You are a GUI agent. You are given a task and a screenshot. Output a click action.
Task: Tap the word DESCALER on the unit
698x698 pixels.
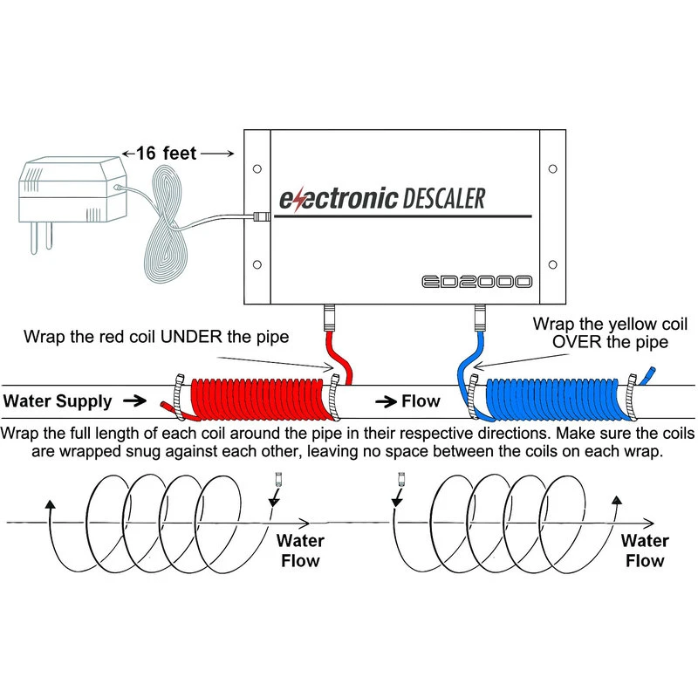(x=444, y=198)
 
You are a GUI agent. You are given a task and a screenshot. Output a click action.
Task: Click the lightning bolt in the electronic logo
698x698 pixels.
(x=299, y=200)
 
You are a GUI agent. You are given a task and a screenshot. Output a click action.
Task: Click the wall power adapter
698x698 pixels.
(x=68, y=189)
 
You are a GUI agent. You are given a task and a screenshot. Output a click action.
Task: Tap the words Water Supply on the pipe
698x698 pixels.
(x=58, y=401)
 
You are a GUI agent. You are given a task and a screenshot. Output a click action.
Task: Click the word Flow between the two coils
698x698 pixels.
(x=421, y=402)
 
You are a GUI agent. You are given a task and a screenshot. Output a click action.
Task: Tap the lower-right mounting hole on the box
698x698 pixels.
(x=552, y=264)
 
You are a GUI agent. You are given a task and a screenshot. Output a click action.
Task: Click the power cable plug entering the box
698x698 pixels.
(x=259, y=215)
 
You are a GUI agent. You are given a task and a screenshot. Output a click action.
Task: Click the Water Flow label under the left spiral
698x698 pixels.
(x=298, y=551)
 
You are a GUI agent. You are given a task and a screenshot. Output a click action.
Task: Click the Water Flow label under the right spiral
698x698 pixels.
(x=645, y=551)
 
